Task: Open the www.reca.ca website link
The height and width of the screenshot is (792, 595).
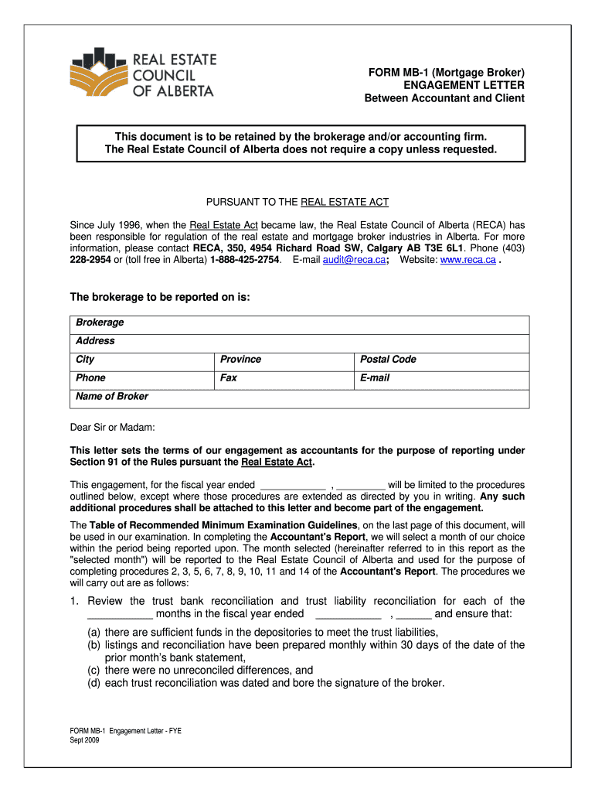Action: (467, 260)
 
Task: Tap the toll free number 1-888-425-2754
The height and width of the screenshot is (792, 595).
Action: (240, 260)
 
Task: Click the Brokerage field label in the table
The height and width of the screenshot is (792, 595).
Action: (100, 323)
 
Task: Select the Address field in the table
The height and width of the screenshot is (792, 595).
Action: (95, 341)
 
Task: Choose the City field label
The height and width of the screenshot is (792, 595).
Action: (85, 360)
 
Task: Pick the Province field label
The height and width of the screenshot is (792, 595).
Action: (240, 360)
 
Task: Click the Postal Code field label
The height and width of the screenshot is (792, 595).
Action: (388, 360)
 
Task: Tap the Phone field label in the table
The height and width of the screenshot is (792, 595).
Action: (90, 378)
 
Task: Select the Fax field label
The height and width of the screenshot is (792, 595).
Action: (229, 378)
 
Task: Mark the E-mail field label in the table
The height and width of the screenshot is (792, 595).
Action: (375, 378)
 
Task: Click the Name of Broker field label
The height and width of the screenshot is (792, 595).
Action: (112, 397)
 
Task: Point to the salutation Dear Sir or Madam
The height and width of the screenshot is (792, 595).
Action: (113, 427)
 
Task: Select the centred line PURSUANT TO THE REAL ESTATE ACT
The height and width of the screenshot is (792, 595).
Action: (297, 203)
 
